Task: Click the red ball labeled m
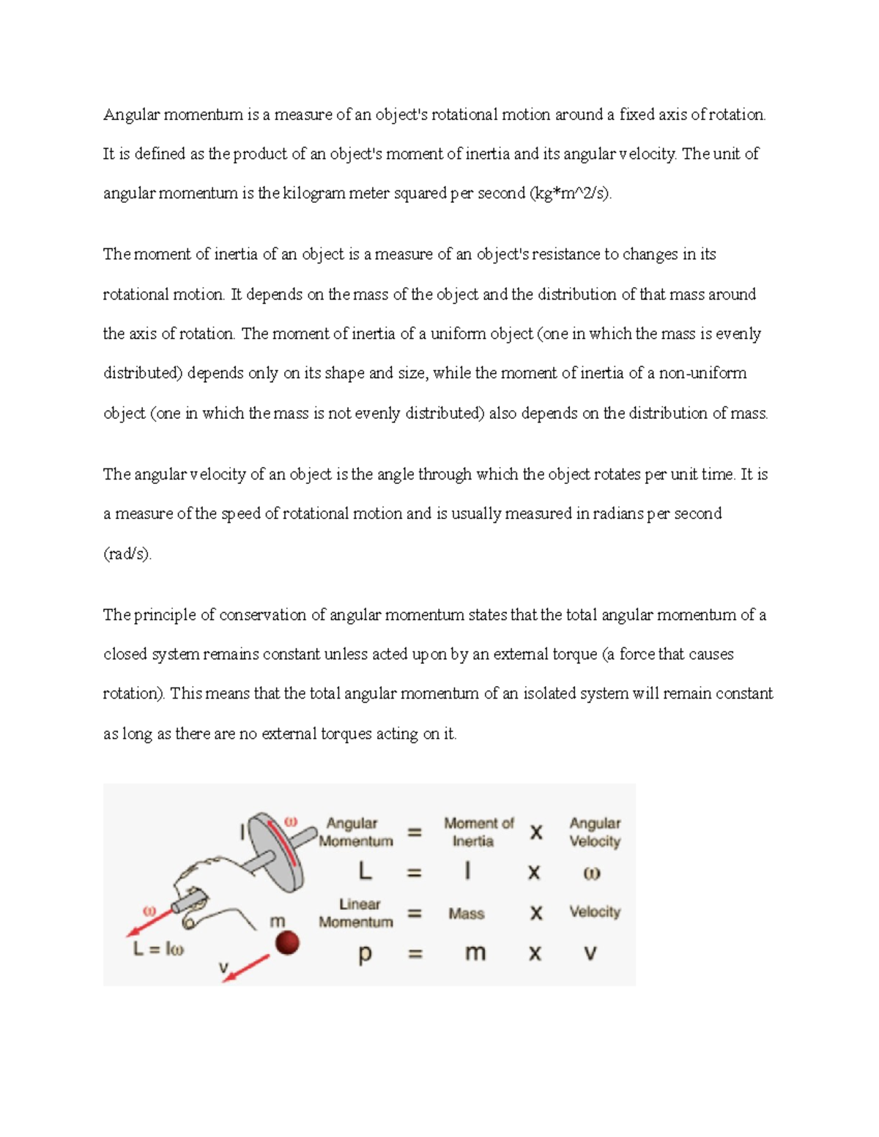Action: click(287, 943)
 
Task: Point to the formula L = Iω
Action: click(158, 950)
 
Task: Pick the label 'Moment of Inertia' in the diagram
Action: click(478, 832)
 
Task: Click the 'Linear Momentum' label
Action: click(357, 913)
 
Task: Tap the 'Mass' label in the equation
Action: click(467, 914)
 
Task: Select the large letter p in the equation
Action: click(365, 954)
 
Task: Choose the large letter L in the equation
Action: click(365, 872)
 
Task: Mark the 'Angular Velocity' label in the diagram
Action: click(595, 832)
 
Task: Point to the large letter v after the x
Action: click(590, 953)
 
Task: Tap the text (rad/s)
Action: click(127, 554)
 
